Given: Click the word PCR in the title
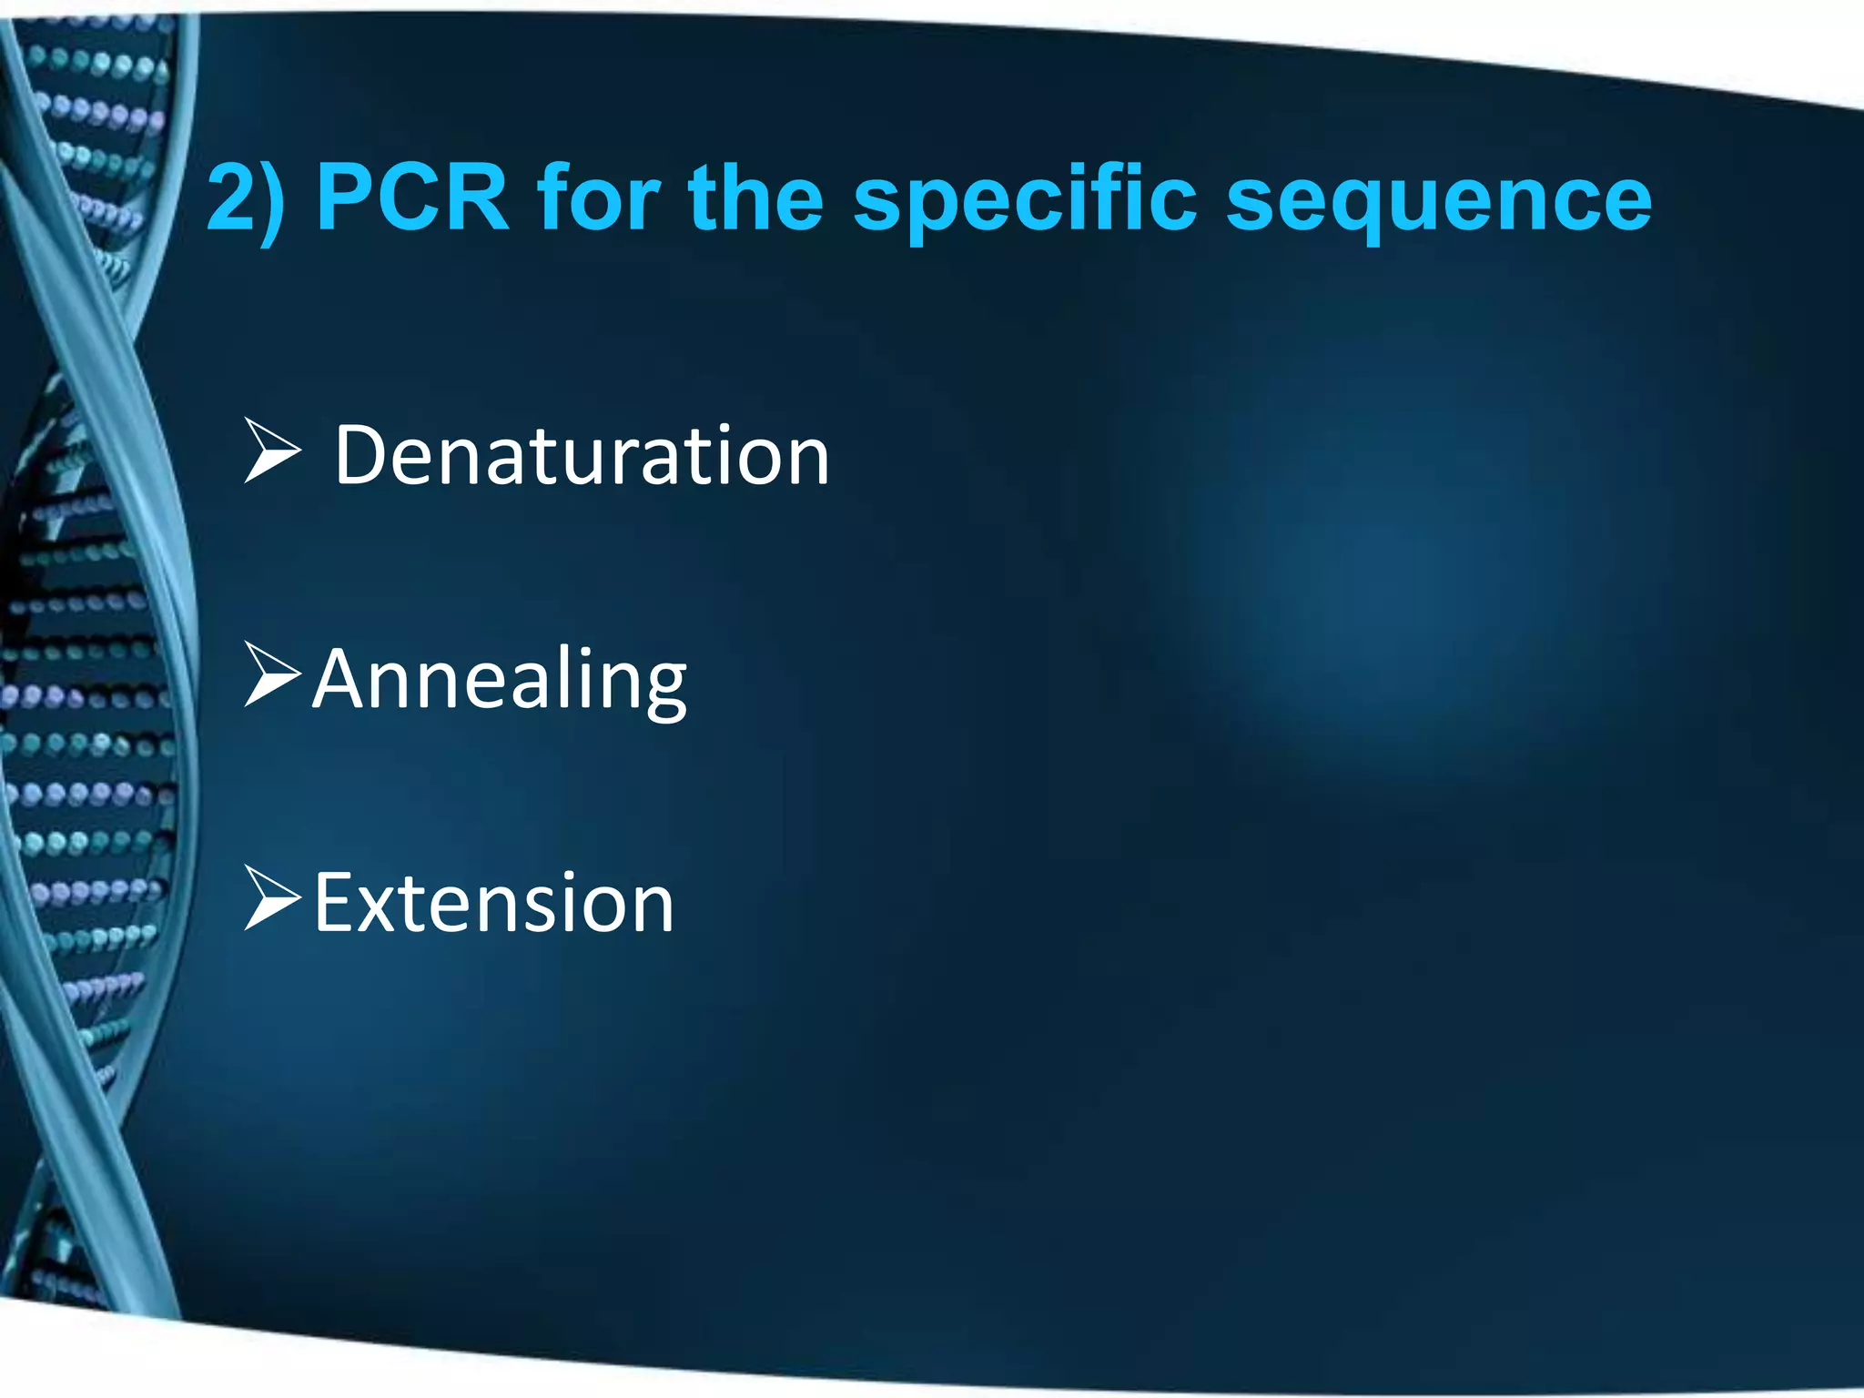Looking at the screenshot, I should click(411, 198).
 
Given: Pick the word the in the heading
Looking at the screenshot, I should click(756, 198).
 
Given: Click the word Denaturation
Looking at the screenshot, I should click(582, 456).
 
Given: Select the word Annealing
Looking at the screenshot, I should click(500, 681).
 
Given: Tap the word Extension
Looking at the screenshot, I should click(493, 903).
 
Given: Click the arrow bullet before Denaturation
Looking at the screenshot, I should click(272, 450).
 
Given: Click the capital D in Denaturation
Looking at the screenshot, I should click(363, 456).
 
